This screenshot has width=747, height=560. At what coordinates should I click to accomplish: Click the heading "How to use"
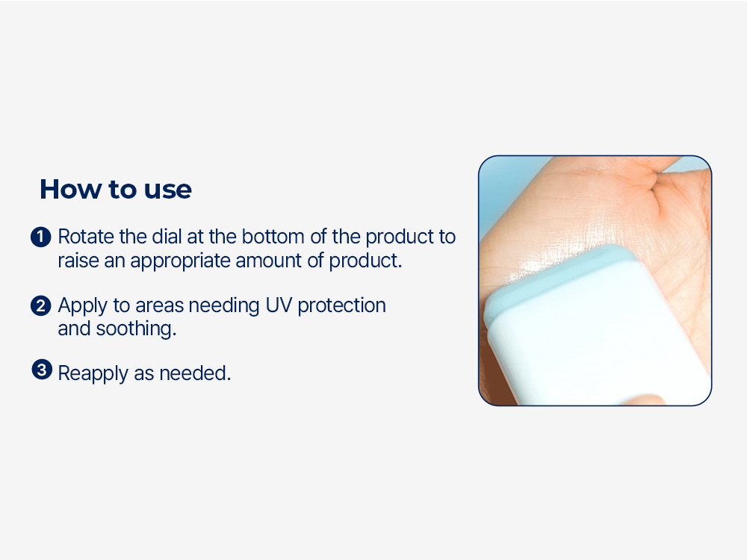[x=115, y=190]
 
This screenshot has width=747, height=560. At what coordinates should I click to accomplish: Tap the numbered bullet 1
[x=40, y=237]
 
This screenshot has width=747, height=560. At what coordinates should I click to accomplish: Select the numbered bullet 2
[x=40, y=305]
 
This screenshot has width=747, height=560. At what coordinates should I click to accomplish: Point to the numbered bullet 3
[x=40, y=370]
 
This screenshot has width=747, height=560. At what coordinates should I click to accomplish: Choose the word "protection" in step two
[x=342, y=306]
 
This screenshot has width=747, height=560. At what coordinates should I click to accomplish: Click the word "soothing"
[x=135, y=329]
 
